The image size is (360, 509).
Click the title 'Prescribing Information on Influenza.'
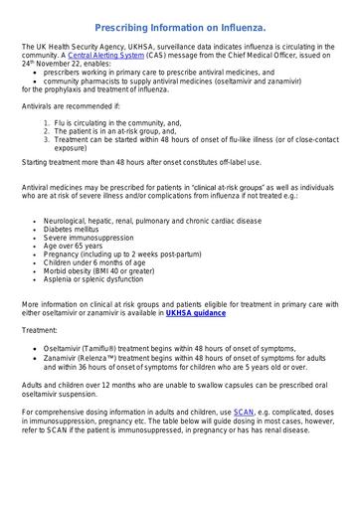(x=180, y=31)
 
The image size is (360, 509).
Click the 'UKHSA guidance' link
(x=195, y=313)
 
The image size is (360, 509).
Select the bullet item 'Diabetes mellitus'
(x=72, y=228)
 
